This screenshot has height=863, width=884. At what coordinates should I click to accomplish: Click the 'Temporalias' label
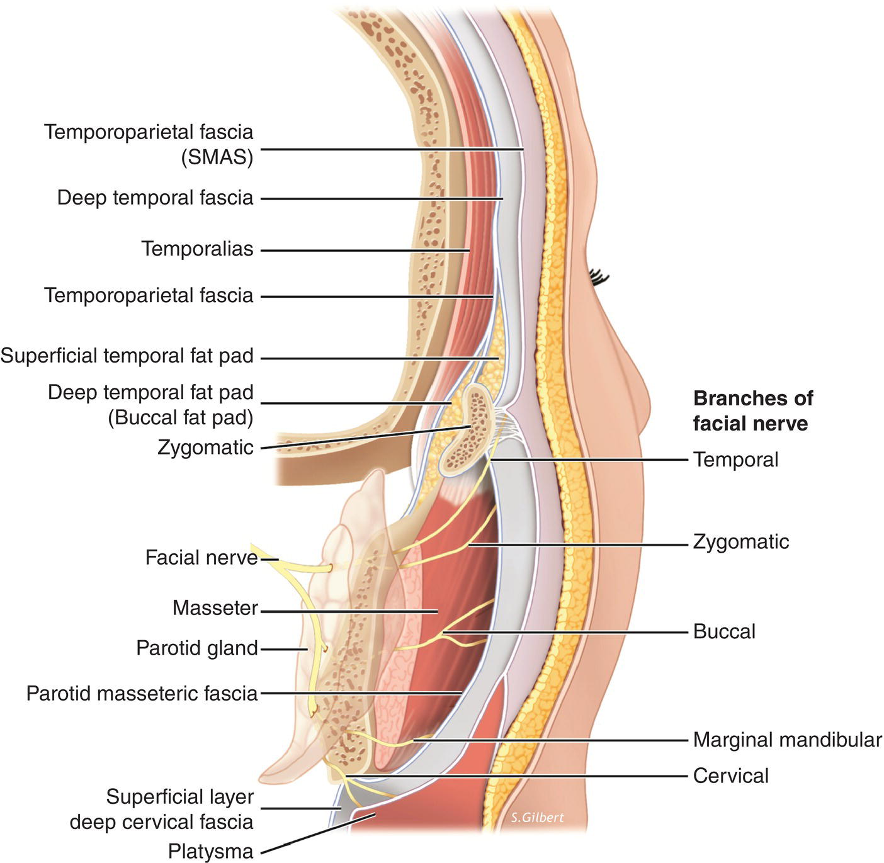coord(197,249)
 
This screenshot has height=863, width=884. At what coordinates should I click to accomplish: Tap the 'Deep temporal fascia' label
coord(155,198)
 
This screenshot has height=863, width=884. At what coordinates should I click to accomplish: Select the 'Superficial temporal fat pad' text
coord(127,356)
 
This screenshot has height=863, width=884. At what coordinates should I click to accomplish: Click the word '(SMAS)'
coord(217,157)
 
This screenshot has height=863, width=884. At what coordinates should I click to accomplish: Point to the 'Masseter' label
coord(215,608)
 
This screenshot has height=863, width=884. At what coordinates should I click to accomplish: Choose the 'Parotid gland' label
coord(197,648)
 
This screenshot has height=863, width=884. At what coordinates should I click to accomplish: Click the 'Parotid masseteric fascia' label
coord(142,694)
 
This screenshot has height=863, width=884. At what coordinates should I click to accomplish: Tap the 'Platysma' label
coord(210,852)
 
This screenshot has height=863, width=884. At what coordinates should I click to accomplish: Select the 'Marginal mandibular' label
coord(787,740)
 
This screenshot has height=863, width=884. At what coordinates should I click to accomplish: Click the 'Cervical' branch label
coord(730,776)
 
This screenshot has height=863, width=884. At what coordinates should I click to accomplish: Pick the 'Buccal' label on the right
coord(724,631)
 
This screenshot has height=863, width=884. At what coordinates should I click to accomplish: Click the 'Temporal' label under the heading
coord(735,460)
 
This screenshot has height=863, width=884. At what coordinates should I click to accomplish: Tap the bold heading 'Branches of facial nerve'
coord(752,410)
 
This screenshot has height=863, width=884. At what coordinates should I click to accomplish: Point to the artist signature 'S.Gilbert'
coord(537,818)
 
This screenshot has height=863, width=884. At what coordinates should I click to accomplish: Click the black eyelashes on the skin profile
coord(599,276)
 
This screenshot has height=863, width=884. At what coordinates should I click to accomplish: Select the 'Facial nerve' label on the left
coord(201,558)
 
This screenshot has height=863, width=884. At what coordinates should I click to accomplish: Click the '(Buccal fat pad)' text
coord(181,417)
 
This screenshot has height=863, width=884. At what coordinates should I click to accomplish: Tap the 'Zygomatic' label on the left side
coord(205,448)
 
